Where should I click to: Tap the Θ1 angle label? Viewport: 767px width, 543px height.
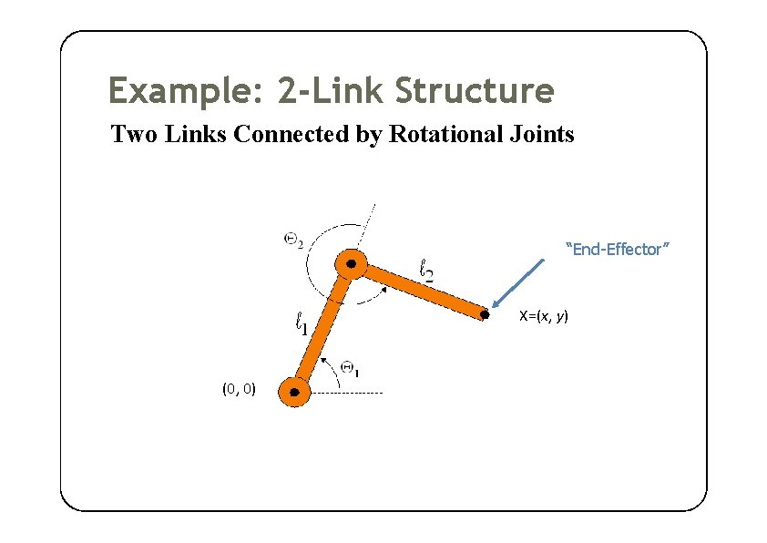point(351,368)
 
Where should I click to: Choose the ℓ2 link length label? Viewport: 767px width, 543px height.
point(425,270)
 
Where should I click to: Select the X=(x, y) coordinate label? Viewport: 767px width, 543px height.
point(544,316)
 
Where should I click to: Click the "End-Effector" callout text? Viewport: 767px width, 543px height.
point(619,249)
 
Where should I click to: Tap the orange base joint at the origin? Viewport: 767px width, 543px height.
point(294,393)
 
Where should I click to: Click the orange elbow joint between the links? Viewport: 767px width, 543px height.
point(351,265)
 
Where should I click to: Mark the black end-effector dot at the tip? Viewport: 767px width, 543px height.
point(485,315)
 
